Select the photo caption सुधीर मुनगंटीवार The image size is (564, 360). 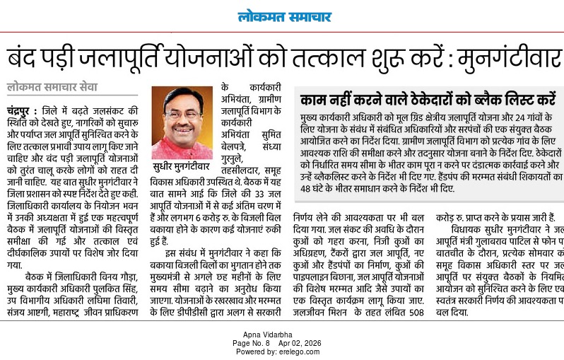pyautogui.click(x=182, y=168)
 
